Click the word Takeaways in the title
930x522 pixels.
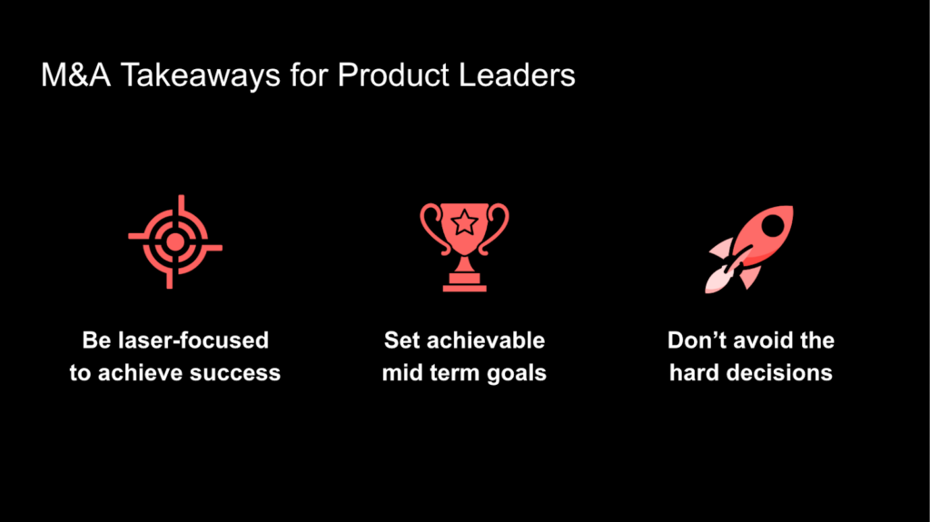(201, 76)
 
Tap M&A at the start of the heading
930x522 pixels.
(75, 75)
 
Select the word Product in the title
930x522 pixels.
(393, 75)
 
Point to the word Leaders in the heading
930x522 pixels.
(517, 75)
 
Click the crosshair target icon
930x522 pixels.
(175, 242)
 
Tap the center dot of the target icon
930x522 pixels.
(175, 242)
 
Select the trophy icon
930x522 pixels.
(464, 247)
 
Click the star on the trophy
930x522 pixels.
(464, 223)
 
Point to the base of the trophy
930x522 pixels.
(464, 282)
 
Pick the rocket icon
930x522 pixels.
(748, 249)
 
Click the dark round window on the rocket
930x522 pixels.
(772, 225)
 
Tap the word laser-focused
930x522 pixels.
(193, 340)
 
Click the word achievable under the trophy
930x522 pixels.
(485, 340)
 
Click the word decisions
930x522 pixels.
(779, 373)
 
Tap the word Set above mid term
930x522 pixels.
(401, 340)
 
